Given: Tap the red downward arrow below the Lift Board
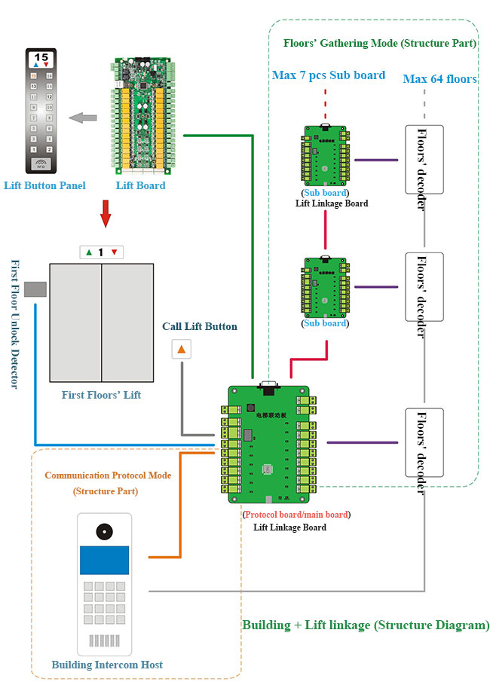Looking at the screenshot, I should point(106,216).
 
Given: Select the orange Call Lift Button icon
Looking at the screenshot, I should point(182,349).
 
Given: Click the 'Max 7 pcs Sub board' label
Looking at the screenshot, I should point(329,75).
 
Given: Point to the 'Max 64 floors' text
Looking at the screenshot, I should point(439,78).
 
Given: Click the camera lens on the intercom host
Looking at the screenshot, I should point(104,531).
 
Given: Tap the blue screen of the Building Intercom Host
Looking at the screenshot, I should point(104,561).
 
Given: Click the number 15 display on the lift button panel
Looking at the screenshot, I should point(41,57).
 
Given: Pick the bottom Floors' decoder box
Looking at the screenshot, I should point(424,453).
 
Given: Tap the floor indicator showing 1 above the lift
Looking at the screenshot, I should point(101,252).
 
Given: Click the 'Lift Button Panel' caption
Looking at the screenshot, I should point(44,185).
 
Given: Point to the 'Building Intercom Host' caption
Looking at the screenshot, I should point(107,665).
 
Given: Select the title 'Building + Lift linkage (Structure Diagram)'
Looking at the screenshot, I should point(366,625).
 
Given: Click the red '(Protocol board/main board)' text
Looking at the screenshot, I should point(297,515).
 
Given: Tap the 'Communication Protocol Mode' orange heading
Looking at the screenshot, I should point(108,475).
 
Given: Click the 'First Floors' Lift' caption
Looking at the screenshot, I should point(101,395).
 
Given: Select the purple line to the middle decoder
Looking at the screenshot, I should point(376,287).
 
